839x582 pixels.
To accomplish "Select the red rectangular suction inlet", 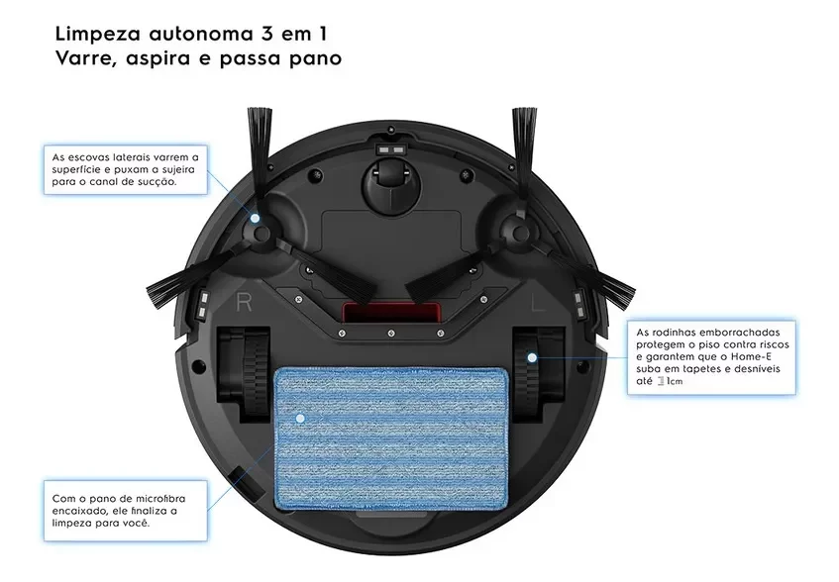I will [x=390, y=313].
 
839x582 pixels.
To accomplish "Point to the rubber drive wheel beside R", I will [x=242, y=372].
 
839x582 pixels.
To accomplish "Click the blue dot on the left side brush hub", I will [x=256, y=219].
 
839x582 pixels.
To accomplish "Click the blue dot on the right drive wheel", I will [x=532, y=357].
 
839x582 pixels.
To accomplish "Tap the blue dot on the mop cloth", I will [x=299, y=419].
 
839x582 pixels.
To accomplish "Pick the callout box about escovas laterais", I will [x=126, y=170].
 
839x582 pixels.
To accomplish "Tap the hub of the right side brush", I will [x=520, y=232].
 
